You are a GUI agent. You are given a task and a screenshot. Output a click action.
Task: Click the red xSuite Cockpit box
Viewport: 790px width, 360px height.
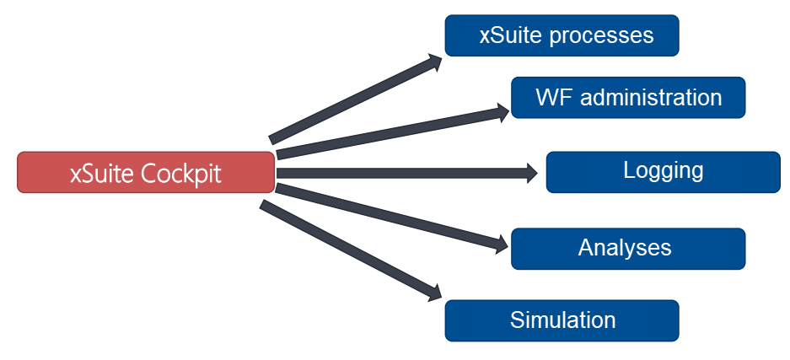click(x=146, y=173)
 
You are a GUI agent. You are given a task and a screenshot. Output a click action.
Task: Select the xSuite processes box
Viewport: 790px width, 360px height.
click(x=562, y=35)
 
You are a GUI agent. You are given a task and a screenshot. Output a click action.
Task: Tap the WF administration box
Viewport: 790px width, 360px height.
click(x=628, y=98)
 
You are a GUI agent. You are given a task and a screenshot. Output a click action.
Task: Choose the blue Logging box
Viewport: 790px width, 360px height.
click(x=663, y=172)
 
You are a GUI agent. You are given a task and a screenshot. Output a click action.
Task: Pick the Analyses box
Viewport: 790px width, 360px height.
click(x=628, y=249)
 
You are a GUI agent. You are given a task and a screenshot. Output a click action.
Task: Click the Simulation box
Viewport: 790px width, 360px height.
click(x=562, y=321)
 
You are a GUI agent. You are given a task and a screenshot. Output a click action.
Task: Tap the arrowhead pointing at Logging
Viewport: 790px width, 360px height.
click(x=532, y=174)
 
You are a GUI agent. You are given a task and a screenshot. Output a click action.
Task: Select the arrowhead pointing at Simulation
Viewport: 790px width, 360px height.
click(x=434, y=293)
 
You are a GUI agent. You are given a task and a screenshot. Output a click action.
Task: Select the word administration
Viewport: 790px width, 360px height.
click(x=652, y=98)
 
